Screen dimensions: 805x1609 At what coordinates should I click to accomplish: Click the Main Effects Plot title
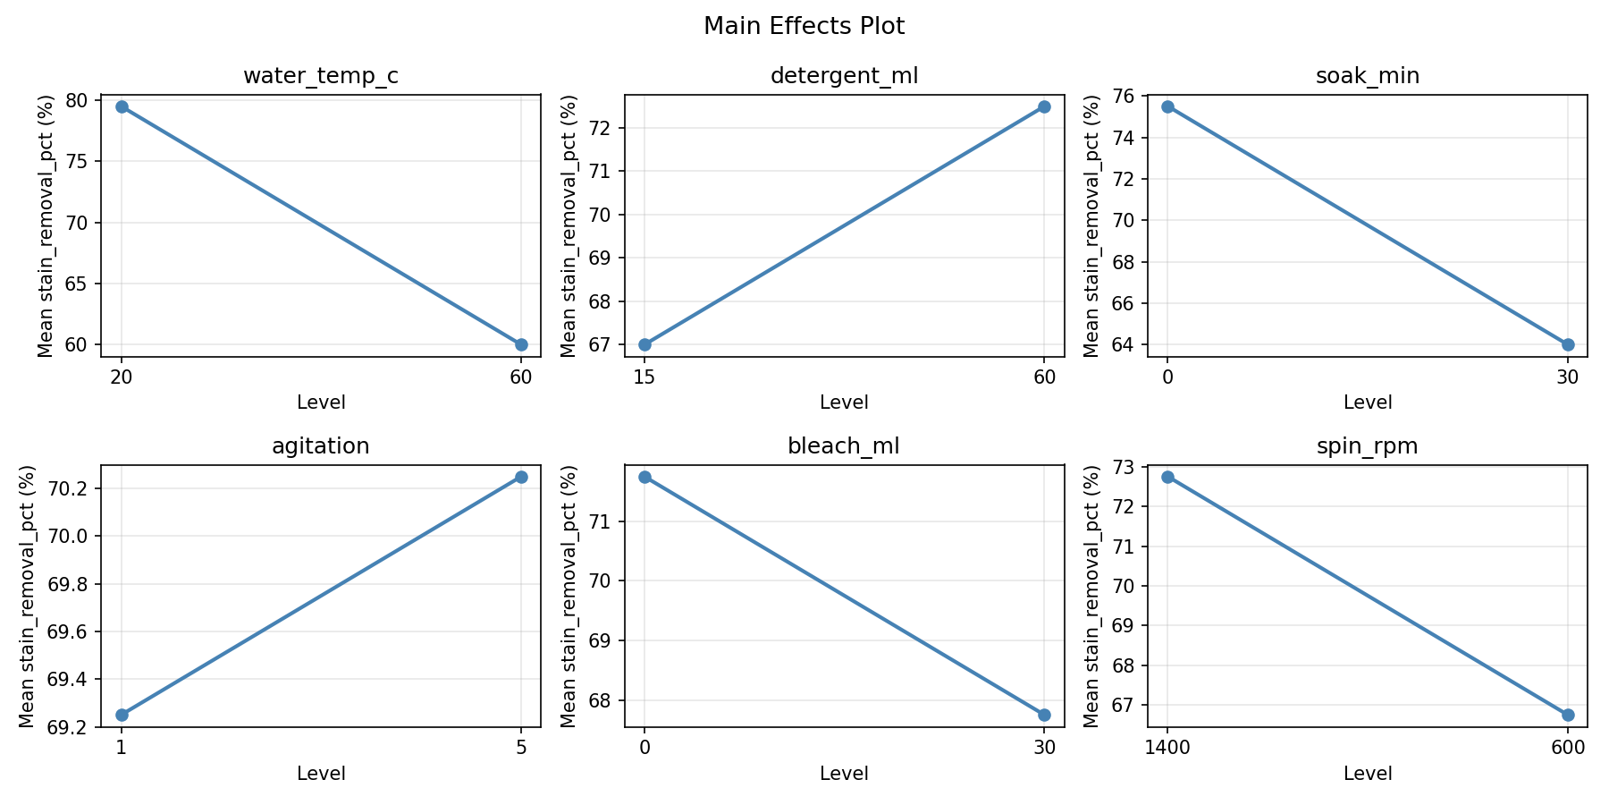(x=804, y=26)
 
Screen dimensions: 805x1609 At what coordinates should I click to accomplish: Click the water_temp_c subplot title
(x=321, y=76)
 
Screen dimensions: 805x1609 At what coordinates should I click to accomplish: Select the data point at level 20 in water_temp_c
(x=122, y=106)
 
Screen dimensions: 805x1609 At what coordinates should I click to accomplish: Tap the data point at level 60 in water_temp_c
(x=521, y=344)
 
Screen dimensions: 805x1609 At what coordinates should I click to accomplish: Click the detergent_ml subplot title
(x=844, y=76)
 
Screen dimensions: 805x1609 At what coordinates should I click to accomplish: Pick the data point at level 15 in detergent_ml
(x=644, y=344)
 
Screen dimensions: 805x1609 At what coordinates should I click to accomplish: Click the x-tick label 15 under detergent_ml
(x=644, y=377)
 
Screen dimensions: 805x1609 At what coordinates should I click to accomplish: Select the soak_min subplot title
(x=1368, y=76)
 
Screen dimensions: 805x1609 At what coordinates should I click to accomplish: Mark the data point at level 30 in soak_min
(x=1568, y=344)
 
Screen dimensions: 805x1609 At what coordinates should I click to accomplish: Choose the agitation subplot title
(x=321, y=446)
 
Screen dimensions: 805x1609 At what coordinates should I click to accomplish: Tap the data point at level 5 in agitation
(x=521, y=477)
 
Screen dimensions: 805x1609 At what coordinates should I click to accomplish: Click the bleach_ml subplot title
(x=844, y=446)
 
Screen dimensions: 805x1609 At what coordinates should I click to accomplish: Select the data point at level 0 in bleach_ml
(x=644, y=477)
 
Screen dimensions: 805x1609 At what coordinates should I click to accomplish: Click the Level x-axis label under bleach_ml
(x=844, y=774)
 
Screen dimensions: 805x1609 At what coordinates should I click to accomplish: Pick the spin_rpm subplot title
(x=1368, y=446)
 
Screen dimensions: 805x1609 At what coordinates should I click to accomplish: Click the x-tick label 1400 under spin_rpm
(x=1167, y=748)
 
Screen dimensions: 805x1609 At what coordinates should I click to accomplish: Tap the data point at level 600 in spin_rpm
(x=1568, y=715)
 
